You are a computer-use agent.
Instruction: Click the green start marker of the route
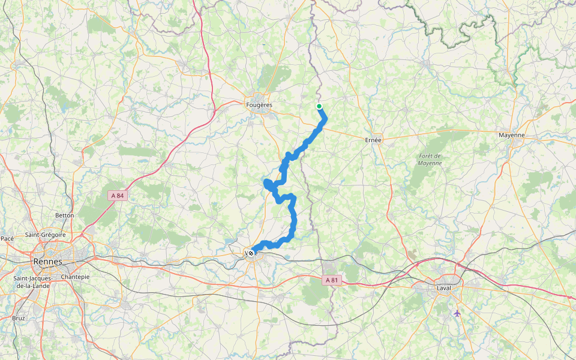click(x=319, y=107)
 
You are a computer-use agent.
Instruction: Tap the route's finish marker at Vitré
click(x=251, y=253)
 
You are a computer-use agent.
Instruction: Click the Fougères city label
click(x=259, y=105)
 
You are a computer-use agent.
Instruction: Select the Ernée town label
click(x=373, y=139)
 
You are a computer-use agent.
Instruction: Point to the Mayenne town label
click(x=512, y=135)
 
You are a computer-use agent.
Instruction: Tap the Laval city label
click(x=443, y=287)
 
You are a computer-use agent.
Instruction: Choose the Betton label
click(x=64, y=215)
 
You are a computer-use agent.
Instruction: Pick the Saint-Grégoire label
click(x=45, y=235)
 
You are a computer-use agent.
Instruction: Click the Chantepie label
click(x=75, y=277)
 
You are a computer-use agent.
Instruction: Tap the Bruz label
click(x=19, y=318)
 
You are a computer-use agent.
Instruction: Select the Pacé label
click(x=7, y=238)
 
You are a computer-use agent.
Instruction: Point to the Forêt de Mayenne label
click(x=430, y=160)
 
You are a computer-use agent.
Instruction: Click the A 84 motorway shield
click(x=119, y=196)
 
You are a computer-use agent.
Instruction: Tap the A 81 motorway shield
click(x=332, y=280)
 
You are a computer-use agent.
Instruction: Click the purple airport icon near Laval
click(x=457, y=313)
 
